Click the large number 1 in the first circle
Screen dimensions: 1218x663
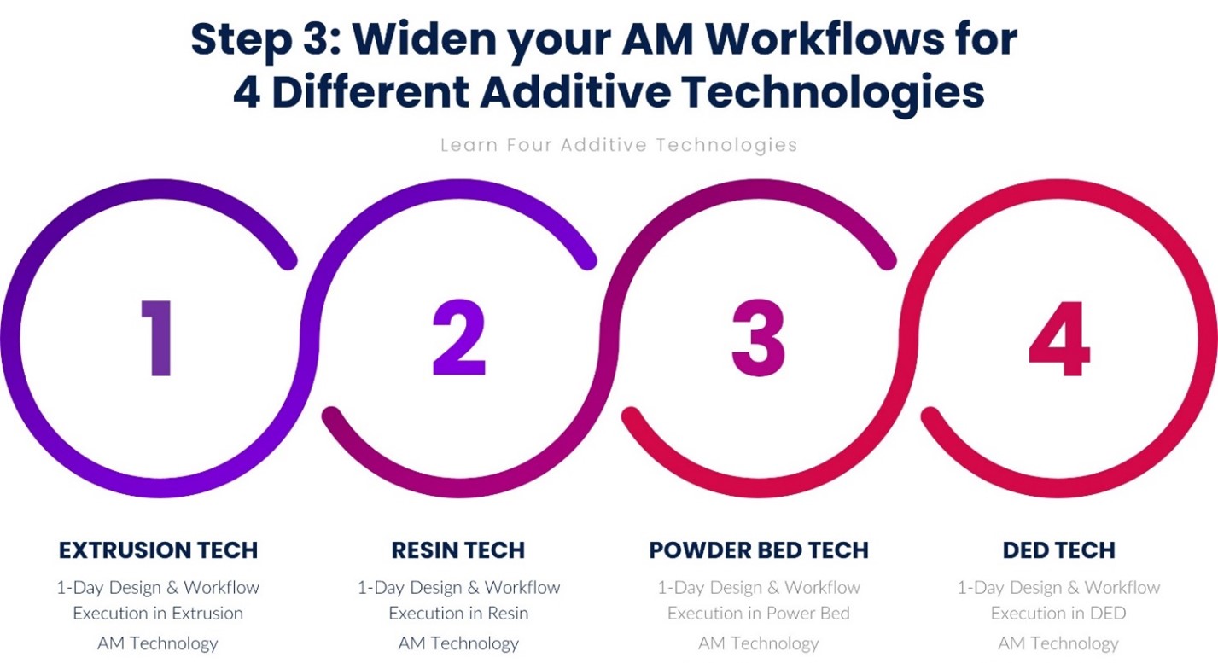point(158,338)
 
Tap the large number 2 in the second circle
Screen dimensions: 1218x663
point(459,338)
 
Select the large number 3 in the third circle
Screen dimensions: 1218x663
point(759,338)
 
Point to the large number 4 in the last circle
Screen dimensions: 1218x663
point(1059,338)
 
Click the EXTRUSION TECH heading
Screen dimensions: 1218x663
point(158,550)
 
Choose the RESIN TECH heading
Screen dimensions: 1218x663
point(458,550)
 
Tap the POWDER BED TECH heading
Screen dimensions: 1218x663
point(759,550)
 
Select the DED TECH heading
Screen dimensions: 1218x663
point(1058,550)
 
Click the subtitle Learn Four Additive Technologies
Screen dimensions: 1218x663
point(619,145)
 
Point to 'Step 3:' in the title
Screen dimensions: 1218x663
point(266,39)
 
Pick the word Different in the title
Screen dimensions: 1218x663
point(370,91)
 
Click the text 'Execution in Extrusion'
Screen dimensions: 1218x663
point(158,613)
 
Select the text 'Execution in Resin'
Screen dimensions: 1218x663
point(458,613)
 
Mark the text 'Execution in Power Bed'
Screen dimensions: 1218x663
point(759,613)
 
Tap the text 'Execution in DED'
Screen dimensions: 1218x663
point(1058,613)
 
